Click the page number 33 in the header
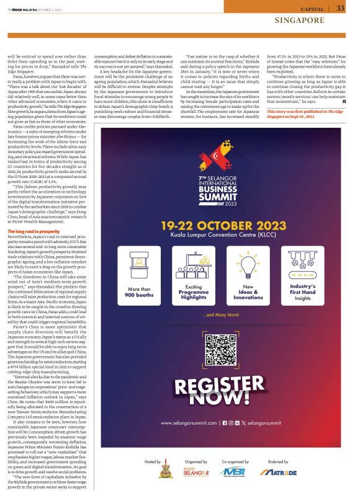[340, 8]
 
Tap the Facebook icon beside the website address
[225, 423]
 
